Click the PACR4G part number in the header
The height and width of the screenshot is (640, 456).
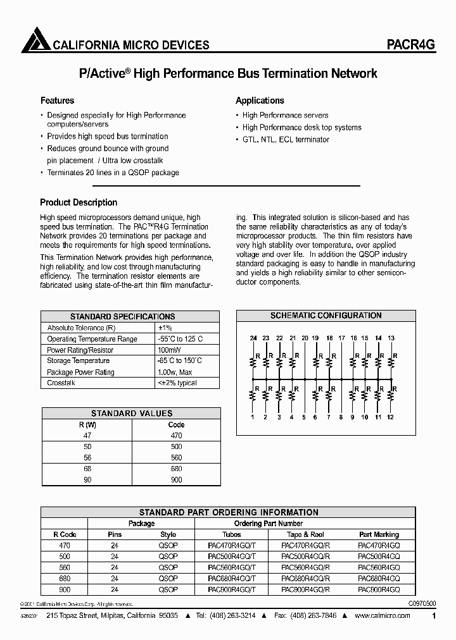(410, 45)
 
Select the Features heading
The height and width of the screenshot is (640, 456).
(57, 101)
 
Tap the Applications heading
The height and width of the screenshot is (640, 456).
(260, 101)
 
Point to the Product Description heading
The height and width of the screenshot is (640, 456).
(79, 202)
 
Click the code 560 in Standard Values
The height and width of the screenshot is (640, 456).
(176, 458)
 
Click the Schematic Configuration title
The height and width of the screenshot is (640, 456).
(326, 316)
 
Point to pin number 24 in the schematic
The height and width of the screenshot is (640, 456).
(253, 338)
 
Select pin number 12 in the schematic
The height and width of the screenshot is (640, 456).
(390, 417)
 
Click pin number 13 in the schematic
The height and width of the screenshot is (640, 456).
(391, 338)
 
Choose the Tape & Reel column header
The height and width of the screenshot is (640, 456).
(305, 534)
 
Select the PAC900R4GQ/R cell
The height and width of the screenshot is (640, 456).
(305, 589)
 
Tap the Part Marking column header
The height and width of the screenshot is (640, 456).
(379, 534)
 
